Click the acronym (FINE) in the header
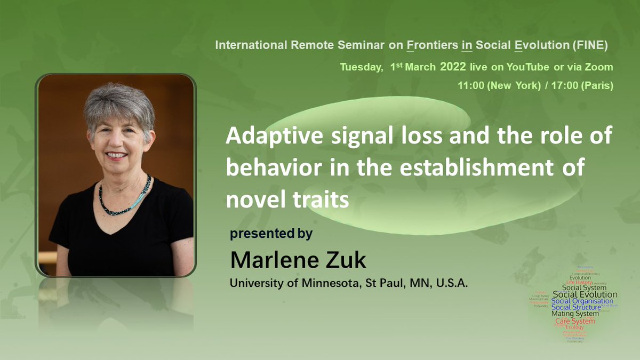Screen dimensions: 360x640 (590, 45)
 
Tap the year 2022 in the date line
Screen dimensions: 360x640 (453, 67)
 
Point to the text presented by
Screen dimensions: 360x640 (271, 234)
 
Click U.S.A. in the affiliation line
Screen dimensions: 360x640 (452, 283)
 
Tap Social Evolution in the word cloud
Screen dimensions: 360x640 (585, 294)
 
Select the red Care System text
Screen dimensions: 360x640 (575, 321)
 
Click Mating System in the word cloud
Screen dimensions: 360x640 (575, 314)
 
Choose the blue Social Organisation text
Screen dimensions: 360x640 (582, 301)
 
